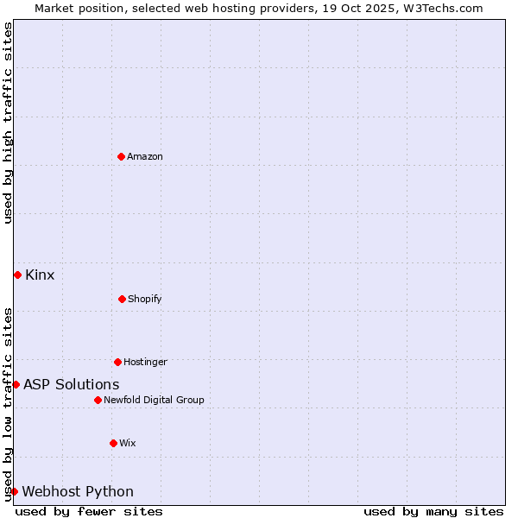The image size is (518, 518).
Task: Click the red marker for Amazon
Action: click(122, 156)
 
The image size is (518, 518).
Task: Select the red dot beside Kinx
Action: click(17, 275)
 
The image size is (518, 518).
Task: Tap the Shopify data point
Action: click(122, 299)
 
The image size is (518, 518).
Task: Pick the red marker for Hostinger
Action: click(117, 362)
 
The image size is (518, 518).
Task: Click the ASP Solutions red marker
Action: click(16, 384)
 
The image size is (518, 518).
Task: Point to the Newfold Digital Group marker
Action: click(98, 400)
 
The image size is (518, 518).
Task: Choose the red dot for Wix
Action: click(113, 443)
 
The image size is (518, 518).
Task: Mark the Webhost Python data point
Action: click(14, 491)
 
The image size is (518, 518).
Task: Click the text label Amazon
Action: click(145, 156)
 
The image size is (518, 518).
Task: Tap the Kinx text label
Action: click(40, 275)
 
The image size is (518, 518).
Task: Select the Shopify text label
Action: click(144, 299)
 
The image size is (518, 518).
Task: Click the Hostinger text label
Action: click(145, 362)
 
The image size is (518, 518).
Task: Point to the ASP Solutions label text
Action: click(72, 385)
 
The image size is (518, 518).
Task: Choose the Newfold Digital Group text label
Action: click(154, 400)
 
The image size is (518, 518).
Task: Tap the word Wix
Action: click(127, 443)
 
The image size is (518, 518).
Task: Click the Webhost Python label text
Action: click(78, 492)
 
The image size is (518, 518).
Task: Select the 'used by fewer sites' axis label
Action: click(89, 511)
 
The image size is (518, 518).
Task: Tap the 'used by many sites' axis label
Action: click(433, 511)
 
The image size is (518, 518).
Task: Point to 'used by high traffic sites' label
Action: click(8, 123)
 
